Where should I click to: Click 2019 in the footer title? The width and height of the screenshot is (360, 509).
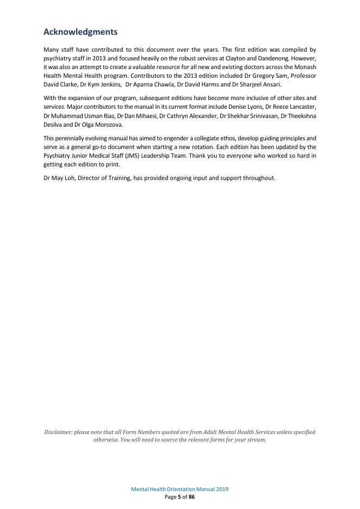221,489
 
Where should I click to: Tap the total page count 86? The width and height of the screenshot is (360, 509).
191,496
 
